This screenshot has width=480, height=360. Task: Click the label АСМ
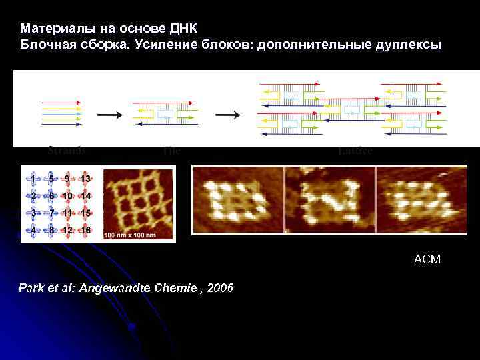[x=427, y=259]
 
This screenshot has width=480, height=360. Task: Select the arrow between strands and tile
[x=109, y=115]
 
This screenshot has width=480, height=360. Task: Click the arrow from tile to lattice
[x=228, y=115]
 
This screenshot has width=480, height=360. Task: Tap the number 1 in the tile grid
[x=33, y=179]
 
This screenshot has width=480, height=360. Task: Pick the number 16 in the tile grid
[x=85, y=230]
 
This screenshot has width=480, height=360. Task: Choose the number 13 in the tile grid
[x=85, y=179]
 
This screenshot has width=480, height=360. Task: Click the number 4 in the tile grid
[x=33, y=230]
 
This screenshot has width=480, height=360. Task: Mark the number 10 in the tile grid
[x=67, y=196]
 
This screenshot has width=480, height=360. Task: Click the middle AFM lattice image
[x=329, y=200]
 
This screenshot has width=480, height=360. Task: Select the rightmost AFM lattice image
[x=421, y=200]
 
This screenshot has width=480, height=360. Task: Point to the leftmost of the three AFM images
[x=237, y=200]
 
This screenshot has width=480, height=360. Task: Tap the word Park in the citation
[x=34, y=287]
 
